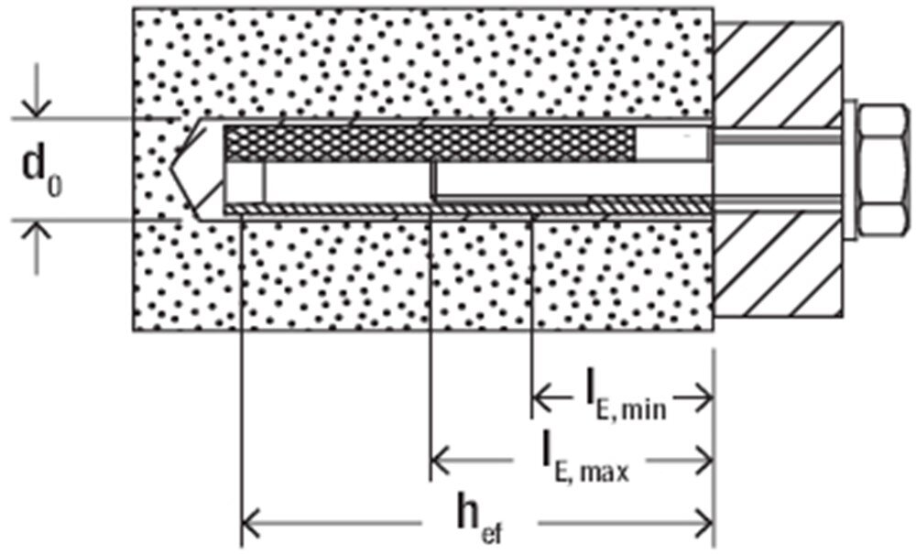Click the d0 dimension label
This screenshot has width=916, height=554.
click(x=42, y=170)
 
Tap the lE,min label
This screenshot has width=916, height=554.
click(x=626, y=400)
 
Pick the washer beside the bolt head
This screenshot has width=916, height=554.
click(x=850, y=171)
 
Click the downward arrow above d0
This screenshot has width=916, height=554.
click(x=37, y=90)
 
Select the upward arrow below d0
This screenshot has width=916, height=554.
click(x=37, y=247)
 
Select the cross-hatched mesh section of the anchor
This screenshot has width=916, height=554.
click(x=431, y=143)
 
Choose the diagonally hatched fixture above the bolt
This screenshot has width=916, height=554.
click(x=778, y=74)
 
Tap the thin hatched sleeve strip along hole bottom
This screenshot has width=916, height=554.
click(x=468, y=208)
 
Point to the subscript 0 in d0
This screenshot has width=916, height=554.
click(x=55, y=186)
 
